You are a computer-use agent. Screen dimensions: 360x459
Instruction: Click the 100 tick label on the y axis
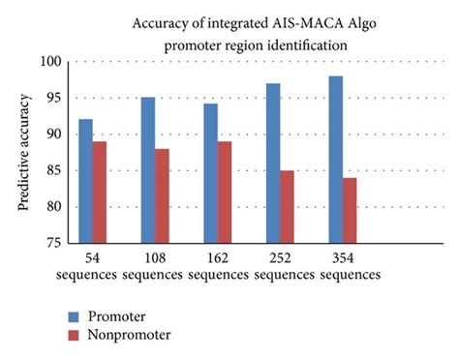coord(51,62)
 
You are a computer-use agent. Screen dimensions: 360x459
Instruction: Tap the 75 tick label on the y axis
coord(54,243)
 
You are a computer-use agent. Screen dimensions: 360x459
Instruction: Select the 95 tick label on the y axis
coord(54,98)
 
